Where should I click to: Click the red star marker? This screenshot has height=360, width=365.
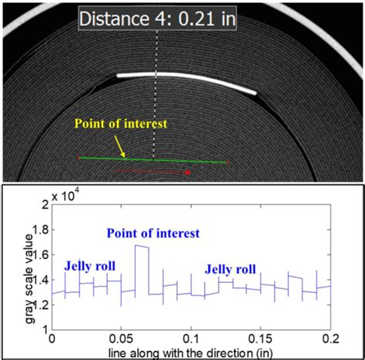189,172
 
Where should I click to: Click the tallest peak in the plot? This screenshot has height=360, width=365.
141,247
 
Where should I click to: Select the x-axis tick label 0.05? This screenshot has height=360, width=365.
121,338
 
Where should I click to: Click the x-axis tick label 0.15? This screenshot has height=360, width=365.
261,338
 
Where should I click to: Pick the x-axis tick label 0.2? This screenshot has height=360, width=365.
330,338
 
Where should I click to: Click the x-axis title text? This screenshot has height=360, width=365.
191,351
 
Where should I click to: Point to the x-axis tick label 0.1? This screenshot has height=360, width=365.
191,338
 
